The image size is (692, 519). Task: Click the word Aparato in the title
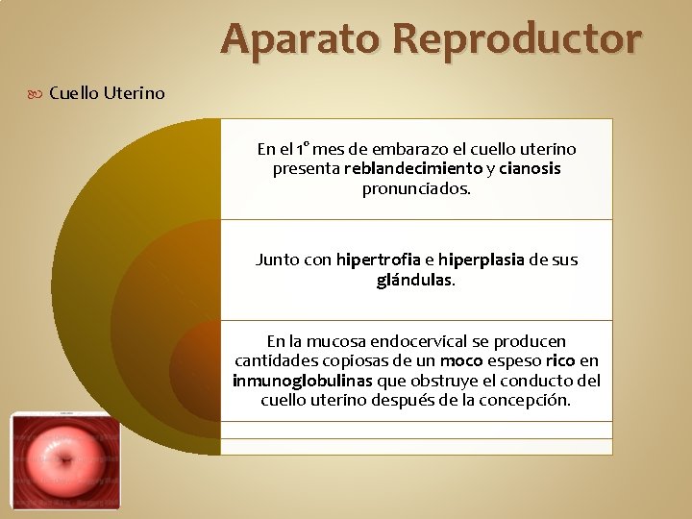pos(301,40)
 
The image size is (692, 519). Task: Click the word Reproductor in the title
pos(516,40)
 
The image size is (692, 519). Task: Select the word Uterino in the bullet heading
pos(135,93)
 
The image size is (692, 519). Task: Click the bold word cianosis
pos(530,169)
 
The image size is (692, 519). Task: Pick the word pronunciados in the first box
pos(415,189)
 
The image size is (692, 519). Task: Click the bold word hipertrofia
pos(378,259)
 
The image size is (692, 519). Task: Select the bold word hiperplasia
pos(481,259)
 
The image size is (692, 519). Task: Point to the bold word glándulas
pos(414,281)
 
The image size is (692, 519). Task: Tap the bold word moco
pos(461,361)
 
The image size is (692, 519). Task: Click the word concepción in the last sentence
pos(526,401)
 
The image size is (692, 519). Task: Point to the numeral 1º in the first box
pos(303,149)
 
